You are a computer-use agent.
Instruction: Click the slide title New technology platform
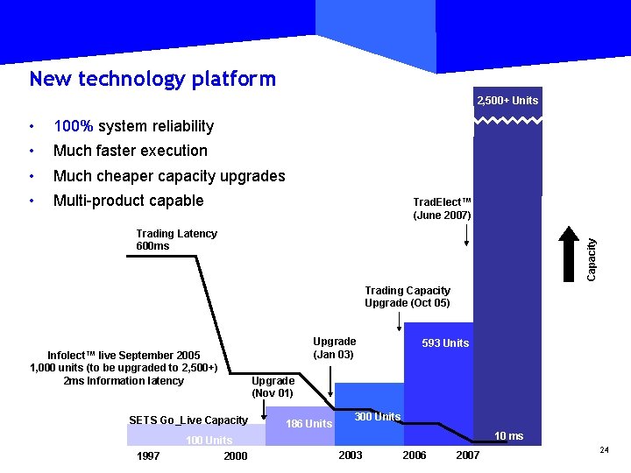pos(152,80)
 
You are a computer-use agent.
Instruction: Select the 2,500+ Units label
pos(507,101)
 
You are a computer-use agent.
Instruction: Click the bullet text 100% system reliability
pos(133,126)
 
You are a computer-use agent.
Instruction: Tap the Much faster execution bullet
pos(130,151)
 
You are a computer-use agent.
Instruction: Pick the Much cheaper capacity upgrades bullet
pos(169,176)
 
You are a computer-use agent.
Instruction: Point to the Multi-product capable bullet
pos(128,201)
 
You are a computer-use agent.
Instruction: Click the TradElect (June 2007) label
pos(442,208)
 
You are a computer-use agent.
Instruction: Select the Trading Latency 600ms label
pos(176,240)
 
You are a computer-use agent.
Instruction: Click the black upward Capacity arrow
pos(569,253)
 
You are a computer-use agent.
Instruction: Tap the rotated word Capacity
pos(593,260)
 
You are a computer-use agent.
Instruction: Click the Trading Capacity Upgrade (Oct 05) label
pos(408,297)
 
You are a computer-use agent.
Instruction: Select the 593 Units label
pos(445,343)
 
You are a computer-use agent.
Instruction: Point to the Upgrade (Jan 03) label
pos(334,348)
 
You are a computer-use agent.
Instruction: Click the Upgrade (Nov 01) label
pos(273,387)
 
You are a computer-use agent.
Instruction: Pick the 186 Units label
pos(309,424)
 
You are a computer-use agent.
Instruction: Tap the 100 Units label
pos(209,441)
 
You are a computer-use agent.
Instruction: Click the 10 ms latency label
pos(508,436)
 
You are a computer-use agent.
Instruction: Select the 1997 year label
pos(148,455)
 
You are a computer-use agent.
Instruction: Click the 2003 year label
pos(350,455)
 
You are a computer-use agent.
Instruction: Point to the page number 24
pos(604,449)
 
